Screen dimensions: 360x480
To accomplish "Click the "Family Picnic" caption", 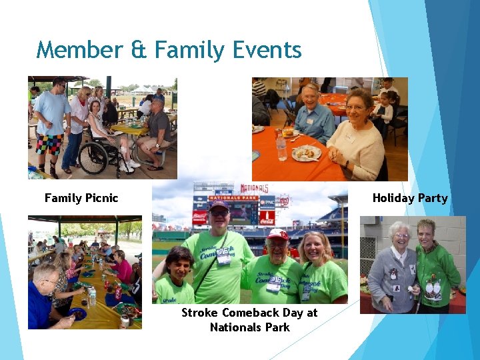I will point(81,198).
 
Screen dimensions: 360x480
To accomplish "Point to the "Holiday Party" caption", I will point(409,198).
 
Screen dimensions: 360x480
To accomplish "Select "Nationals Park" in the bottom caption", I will point(249,327).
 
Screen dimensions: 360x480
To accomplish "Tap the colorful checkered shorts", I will point(51,143).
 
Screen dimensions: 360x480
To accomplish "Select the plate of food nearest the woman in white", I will point(306,153).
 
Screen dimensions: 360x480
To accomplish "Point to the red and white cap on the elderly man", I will point(277,235).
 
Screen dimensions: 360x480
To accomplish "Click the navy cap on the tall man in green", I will point(219,206).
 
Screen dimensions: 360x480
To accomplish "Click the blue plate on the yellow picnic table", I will point(79,314).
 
